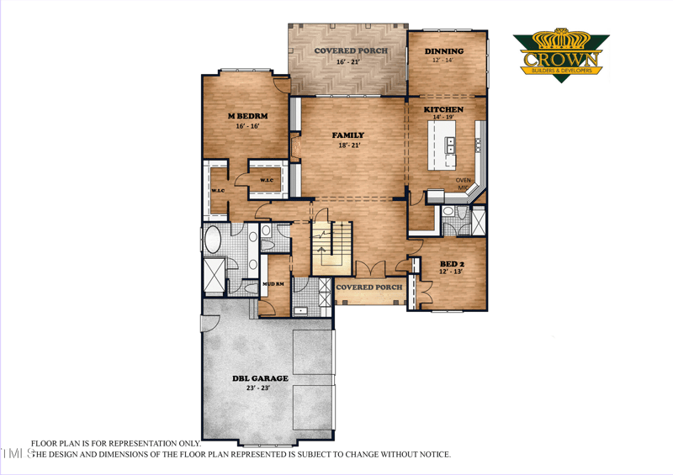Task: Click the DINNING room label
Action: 443,51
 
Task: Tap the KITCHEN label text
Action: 443,110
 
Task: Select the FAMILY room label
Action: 348,135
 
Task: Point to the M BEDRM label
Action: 242,115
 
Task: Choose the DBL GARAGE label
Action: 260,378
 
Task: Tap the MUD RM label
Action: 273,284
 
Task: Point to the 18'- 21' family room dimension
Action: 348,145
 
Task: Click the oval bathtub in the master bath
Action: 214,240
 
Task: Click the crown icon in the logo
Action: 561,40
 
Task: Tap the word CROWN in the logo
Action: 561,59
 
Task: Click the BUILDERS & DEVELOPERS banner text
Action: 561,71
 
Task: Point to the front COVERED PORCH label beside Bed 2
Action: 368,288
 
